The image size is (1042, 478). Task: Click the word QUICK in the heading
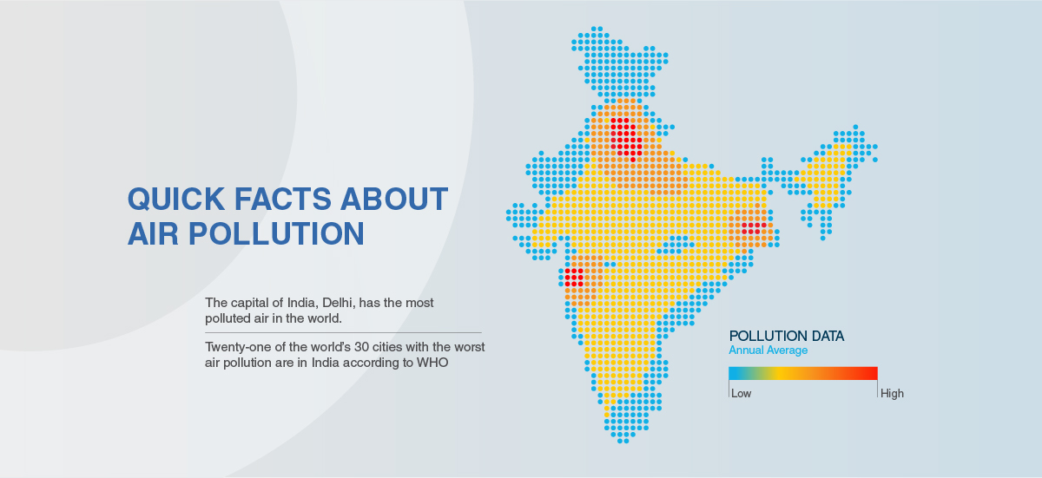click(x=175, y=200)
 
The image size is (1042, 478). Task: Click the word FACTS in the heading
click(x=283, y=199)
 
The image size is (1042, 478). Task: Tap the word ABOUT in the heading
click(x=394, y=199)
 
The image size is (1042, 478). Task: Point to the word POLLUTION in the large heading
click(x=276, y=233)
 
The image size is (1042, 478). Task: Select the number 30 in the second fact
click(x=361, y=347)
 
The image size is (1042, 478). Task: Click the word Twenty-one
click(x=234, y=348)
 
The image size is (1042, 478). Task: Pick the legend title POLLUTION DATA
click(x=786, y=336)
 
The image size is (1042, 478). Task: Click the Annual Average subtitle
click(x=768, y=350)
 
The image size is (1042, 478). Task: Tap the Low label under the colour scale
click(x=741, y=394)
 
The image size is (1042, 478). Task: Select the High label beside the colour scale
click(x=892, y=394)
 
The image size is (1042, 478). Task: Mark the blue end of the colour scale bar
click(x=734, y=374)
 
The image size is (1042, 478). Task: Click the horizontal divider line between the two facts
click(x=343, y=332)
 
